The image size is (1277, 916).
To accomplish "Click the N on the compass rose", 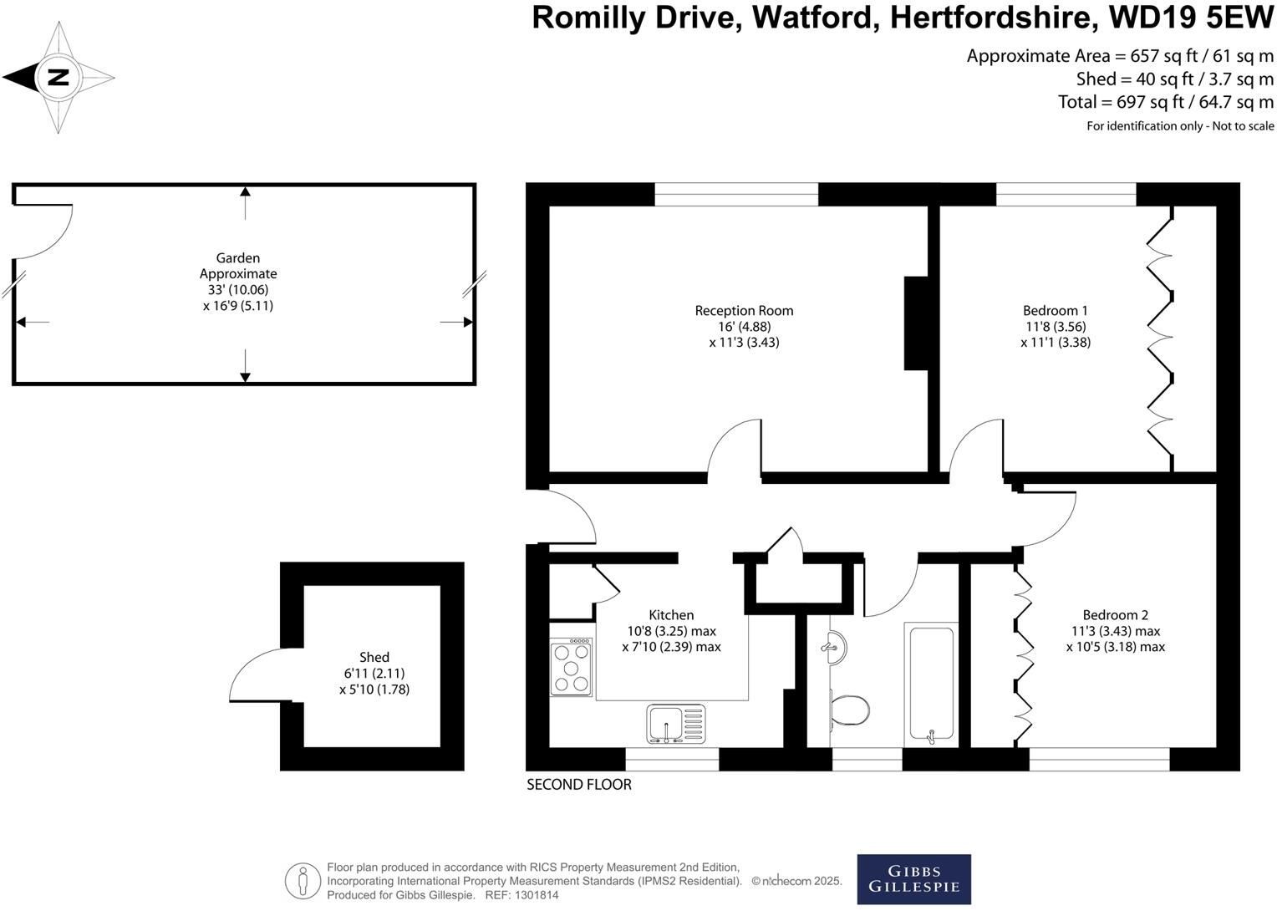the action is (59, 77).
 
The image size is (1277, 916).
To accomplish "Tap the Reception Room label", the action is (744, 311).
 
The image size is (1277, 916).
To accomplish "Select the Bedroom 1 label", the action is (1056, 311).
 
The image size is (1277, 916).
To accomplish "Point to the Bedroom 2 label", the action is (1115, 615).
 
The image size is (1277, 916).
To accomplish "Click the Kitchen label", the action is (671, 615).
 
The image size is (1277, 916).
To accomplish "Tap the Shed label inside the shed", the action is (374, 657).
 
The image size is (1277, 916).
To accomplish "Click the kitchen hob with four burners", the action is (571, 667).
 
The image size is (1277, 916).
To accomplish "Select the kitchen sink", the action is (676, 724).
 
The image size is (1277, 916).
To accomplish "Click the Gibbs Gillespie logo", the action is (913, 879).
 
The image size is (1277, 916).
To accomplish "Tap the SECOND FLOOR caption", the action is (578, 784).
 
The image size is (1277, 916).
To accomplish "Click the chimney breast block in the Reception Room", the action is (917, 323).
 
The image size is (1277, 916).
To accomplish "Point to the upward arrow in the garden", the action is (245, 203).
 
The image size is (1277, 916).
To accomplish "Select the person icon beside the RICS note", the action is (303, 881).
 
